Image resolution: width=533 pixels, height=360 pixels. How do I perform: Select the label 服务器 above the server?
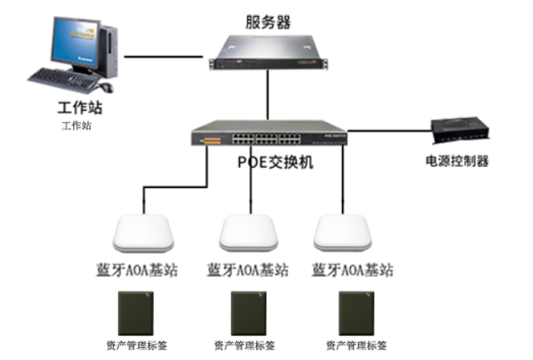pos(269,22)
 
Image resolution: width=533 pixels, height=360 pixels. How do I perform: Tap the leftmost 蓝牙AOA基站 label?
pos(143,270)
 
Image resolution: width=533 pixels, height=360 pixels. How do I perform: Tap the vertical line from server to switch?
pos(266,96)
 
